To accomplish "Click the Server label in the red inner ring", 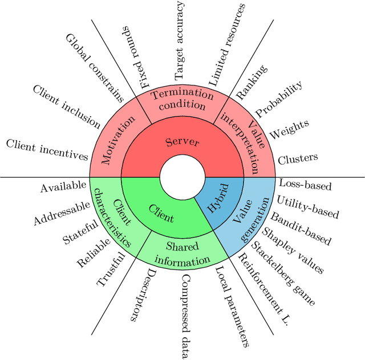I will click(x=182, y=142).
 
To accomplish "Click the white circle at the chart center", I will click(x=182, y=177).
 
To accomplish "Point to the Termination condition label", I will click(x=182, y=100).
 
